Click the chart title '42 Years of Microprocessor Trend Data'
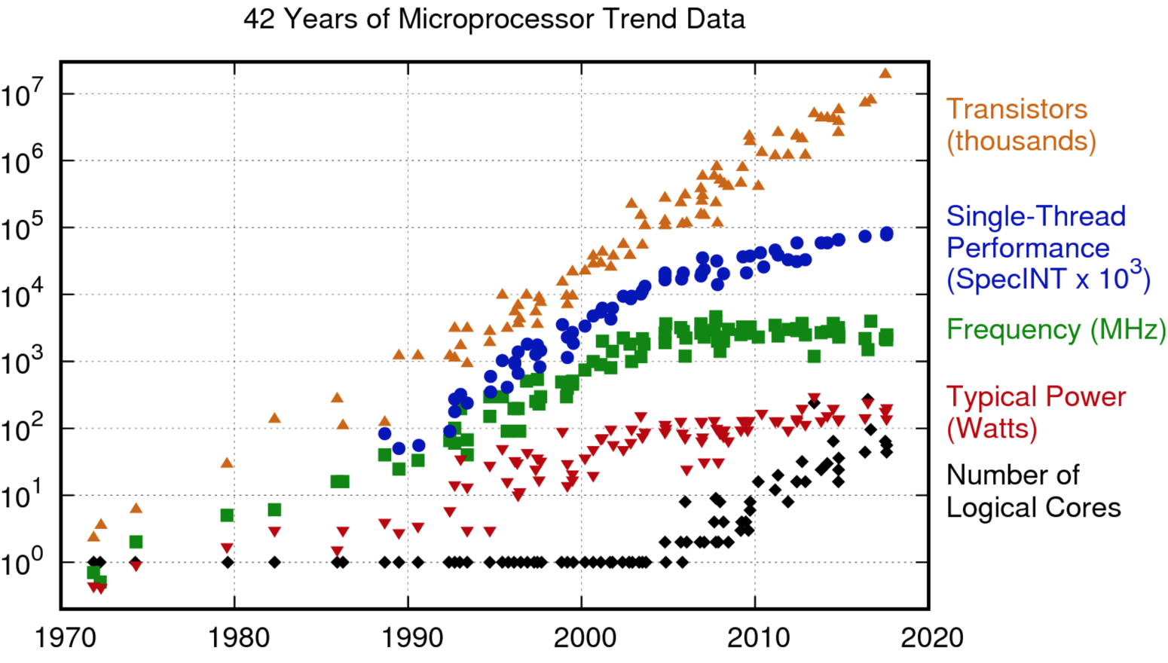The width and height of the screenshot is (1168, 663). tap(494, 19)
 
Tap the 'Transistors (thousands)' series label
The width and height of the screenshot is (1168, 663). tap(1020, 125)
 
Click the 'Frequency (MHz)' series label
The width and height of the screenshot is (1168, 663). tap(1056, 330)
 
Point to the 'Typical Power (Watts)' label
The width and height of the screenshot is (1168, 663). tap(1035, 412)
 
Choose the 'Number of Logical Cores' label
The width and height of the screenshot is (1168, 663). tap(1033, 491)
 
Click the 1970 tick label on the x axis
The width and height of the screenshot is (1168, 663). tap(66, 638)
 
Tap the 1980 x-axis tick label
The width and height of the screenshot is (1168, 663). tap(238, 638)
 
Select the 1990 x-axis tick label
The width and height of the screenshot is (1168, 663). tap(412, 638)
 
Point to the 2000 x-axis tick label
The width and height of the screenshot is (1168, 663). tap(585, 638)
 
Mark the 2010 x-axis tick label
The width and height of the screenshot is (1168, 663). tap(758, 638)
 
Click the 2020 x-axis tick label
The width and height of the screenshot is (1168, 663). tap(931, 638)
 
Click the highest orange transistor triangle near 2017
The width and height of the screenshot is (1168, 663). tap(885, 73)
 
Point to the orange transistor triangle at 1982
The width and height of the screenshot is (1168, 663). tap(274, 418)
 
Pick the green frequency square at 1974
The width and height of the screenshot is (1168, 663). tap(136, 542)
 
